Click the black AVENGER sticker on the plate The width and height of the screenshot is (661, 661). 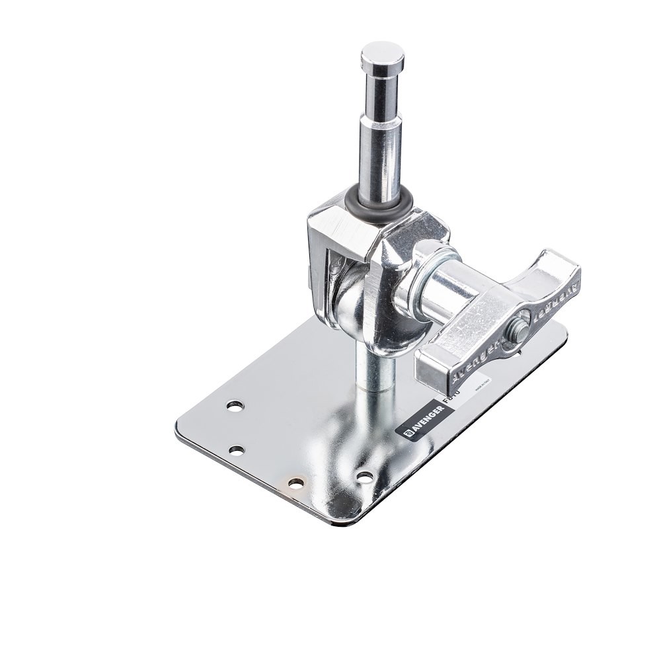pyautogui.click(x=424, y=420)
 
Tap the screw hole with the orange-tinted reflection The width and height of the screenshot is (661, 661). pyautogui.click(x=296, y=483)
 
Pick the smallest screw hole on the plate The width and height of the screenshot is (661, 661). pyautogui.click(x=237, y=450)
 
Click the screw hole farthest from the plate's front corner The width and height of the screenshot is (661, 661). pyautogui.click(x=234, y=405)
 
